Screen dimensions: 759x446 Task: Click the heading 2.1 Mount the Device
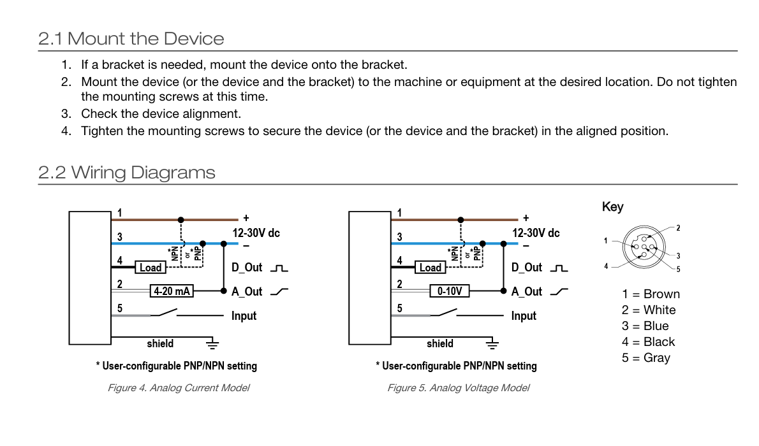131,39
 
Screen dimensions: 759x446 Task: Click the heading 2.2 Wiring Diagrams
127,173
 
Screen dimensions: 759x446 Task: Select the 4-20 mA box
172,291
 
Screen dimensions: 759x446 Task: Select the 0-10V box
450,291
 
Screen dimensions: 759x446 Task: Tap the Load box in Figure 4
150,268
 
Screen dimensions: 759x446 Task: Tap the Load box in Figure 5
430,268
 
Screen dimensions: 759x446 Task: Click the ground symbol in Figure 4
212,344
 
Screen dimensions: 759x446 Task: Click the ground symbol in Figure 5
492,344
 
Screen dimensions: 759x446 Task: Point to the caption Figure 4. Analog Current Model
179,388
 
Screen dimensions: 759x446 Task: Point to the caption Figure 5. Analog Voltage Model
459,388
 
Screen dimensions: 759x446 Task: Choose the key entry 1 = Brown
651,294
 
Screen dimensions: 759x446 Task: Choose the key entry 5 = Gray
645,358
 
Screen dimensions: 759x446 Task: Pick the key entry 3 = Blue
645,326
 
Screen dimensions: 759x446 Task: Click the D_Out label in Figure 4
247,268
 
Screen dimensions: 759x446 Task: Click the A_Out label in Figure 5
527,292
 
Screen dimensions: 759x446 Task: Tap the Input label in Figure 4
244,316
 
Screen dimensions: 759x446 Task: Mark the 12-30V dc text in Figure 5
536,233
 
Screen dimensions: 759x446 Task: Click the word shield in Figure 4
160,343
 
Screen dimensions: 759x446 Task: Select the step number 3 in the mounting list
66,114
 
